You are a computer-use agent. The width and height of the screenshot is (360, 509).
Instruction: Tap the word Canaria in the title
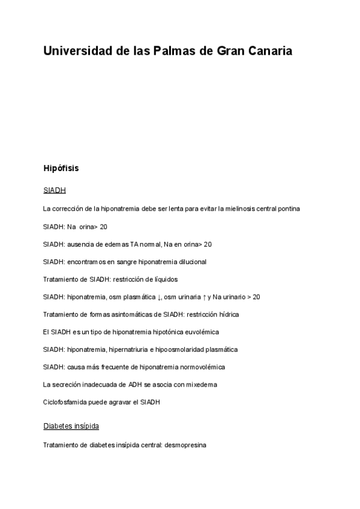pyautogui.click(x=269, y=51)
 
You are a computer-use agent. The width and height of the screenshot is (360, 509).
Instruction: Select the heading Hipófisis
pyautogui.click(x=61, y=169)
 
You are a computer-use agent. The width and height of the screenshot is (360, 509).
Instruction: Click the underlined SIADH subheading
pyautogui.click(x=54, y=191)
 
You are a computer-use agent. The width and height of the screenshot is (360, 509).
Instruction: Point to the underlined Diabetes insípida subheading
pyautogui.click(x=71, y=426)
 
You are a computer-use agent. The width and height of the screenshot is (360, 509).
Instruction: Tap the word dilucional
pyautogui.click(x=190, y=262)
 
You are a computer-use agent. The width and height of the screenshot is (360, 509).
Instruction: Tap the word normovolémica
pyautogui.click(x=198, y=367)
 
